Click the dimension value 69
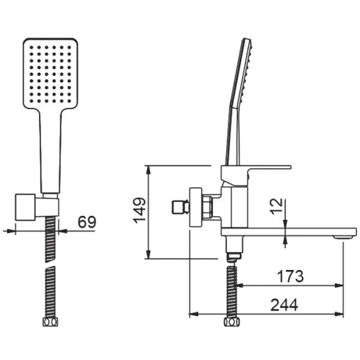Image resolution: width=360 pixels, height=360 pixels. click(87, 221)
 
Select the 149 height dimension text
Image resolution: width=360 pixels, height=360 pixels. click(139, 210)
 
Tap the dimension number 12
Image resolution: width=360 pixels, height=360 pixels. click(275, 207)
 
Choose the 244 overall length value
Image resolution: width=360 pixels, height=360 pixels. click(284, 305)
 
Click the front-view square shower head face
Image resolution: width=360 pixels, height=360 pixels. click(50, 73)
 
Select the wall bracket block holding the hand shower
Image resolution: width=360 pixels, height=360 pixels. click(26, 207)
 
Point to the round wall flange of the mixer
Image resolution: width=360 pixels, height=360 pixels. click(195, 208)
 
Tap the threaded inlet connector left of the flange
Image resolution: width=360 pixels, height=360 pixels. click(178, 208)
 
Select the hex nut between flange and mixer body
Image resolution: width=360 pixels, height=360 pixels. click(208, 208)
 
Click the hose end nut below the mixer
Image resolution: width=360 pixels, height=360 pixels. click(231, 323)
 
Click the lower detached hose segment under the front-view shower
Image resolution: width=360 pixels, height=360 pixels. click(50, 294)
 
